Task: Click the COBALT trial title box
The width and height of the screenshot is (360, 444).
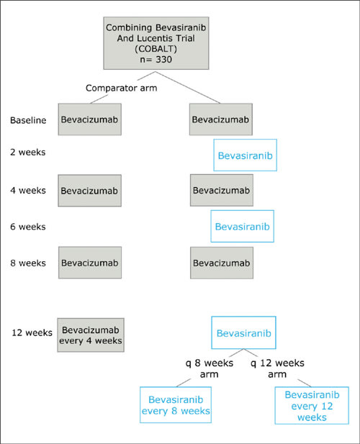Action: click(156, 43)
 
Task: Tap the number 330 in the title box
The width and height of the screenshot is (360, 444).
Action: click(163, 60)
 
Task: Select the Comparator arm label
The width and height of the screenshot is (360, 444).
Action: click(121, 88)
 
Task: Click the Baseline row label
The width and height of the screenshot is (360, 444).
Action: click(28, 120)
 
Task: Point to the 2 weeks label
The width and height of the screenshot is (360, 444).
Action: click(28, 152)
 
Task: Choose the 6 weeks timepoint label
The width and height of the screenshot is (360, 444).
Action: click(28, 227)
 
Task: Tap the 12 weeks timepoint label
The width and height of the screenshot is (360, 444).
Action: click(32, 332)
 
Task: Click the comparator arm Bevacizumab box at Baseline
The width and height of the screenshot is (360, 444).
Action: click(90, 119)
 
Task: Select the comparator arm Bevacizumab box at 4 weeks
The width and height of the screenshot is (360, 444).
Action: click(89, 191)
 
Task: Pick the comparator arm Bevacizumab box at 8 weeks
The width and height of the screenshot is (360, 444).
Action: click(90, 263)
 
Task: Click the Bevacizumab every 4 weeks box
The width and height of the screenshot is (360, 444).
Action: click(91, 335)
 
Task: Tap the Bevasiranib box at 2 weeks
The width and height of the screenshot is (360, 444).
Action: click(245, 155)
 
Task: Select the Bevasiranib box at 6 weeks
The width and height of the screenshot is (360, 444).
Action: click(242, 226)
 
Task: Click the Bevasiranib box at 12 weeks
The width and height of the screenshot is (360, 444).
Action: click(243, 332)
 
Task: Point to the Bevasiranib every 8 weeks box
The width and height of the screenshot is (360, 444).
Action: click(176, 405)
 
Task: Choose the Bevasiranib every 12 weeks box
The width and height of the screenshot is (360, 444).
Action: click(312, 405)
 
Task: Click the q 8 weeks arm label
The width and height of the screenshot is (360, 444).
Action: click(210, 368)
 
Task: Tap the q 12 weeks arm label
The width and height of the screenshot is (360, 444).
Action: click(277, 368)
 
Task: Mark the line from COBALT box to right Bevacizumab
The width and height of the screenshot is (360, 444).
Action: click(187, 87)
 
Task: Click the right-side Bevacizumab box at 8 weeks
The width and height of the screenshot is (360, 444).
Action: click(222, 263)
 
